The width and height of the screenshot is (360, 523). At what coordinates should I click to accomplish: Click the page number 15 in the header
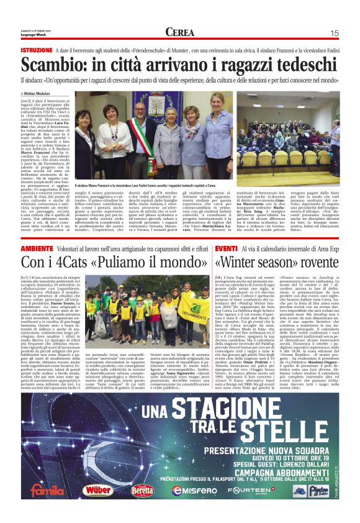point(334,33)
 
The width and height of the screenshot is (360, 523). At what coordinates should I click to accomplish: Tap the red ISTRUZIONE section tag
point(37,50)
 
